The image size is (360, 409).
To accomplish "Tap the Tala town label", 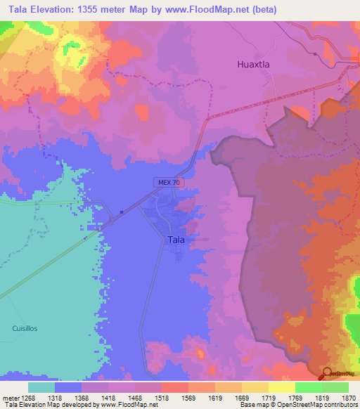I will (176, 240).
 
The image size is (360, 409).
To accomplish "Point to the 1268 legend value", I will (27, 397).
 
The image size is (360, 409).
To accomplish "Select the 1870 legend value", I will (348, 397).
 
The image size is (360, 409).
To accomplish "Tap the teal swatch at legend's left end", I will (41, 387).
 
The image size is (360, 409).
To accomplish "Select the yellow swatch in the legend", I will (255, 387).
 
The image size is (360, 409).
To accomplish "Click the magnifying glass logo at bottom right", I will (326, 373).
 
